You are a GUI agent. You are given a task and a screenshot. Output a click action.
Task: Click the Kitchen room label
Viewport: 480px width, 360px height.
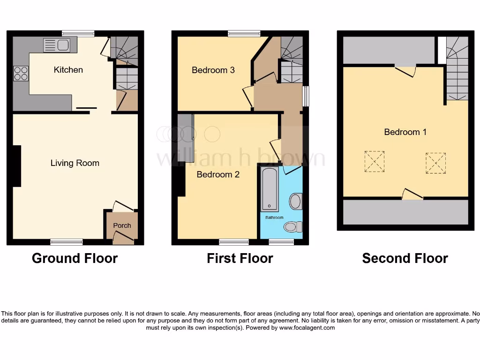click(68, 70)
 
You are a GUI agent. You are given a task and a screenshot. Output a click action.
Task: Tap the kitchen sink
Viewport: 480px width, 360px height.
click(56, 45)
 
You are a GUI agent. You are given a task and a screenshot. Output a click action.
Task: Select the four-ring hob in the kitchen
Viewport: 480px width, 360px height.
click(21, 74)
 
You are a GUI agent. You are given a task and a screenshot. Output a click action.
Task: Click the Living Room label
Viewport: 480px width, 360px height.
click(75, 163)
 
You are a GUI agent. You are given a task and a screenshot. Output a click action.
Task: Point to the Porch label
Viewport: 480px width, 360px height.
click(122, 225)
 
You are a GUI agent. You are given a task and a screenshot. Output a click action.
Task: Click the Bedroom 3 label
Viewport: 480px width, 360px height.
click(213, 70)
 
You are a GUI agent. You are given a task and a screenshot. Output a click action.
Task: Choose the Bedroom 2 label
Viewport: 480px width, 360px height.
click(218, 175)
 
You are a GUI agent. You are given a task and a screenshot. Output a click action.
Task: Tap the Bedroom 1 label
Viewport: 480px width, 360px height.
click(405, 132)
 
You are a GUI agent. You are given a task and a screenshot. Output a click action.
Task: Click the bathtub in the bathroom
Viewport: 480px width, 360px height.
click(270, 188)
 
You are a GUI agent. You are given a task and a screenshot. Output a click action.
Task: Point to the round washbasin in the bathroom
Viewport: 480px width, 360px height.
click(295, 202)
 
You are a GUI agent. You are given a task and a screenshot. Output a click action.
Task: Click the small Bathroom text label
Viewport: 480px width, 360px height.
click(274, 217)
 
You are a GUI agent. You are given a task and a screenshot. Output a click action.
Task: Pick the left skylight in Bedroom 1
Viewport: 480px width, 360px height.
click(374, 161)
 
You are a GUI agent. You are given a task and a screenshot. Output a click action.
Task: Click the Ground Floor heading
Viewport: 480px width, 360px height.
click(75, 258)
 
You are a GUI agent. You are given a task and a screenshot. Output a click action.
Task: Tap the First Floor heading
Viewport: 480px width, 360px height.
click(240, 258)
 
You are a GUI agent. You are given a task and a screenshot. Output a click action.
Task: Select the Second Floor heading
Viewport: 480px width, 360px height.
click(405, 258)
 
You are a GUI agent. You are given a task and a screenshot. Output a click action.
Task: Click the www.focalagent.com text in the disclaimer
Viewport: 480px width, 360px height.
click(307, 328)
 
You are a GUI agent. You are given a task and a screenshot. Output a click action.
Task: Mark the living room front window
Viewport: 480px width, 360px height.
click(67, 242)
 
